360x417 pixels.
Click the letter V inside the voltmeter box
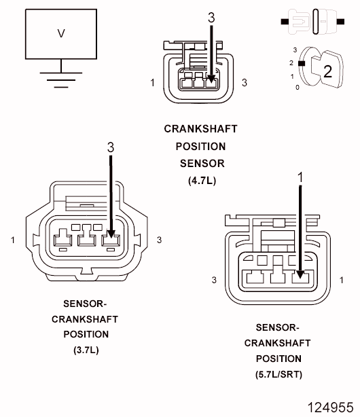[x=61, y=33]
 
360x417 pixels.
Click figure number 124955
[x=330, y=407]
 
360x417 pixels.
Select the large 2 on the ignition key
[x=328, y=71]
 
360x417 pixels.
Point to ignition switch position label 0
[x=298, y=87]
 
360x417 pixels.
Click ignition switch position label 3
[x=295, y=50]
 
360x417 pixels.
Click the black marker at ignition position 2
[x=302, y=63]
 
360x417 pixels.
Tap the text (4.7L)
[x=202, y=181]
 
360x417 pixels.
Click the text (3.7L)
[x=86, y=350]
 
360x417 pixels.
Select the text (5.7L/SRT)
[x=278, y=374]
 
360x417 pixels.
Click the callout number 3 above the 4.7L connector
[x=211, y=18]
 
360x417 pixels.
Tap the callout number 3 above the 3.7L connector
[x=111, y=147]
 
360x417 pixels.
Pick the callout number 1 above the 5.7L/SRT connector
[x=300, y=177]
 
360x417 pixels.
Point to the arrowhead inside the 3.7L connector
[x=111, y=234]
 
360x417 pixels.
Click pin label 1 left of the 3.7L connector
[x=12, y=240]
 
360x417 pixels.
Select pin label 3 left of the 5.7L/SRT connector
[x=214, y=280]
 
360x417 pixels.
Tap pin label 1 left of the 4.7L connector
[x=152, y=83]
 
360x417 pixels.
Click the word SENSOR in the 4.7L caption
[x=202, y=164]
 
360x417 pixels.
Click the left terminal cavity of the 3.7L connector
[x=62, y=238]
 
